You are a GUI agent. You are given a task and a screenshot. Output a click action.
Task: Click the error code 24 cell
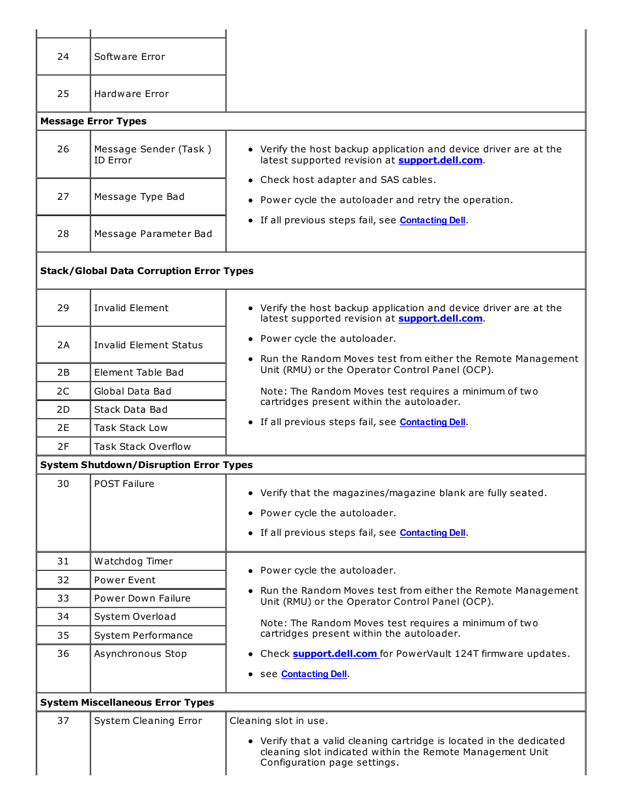(x=63, y=57)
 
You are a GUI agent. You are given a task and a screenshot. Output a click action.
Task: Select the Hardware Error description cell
(x=131, y=94)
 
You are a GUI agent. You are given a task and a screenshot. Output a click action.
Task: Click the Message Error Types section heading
(x=93, y=121)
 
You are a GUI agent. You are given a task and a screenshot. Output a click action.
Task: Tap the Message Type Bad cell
(x=139, y=197)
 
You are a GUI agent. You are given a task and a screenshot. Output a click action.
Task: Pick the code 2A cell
(x=63, y=345)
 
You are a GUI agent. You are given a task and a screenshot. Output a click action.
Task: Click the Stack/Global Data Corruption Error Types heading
(x=147, y=271)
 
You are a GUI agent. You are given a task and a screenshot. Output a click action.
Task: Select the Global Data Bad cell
(x=133, y=391)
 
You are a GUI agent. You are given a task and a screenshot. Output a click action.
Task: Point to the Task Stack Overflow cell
(x=143, y=447)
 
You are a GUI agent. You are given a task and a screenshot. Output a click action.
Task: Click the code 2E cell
(x=63, y=428)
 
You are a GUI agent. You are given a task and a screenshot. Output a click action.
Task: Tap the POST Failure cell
(x=124, y=484)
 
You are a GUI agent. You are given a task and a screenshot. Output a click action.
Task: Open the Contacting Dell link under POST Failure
(x=432, y=533)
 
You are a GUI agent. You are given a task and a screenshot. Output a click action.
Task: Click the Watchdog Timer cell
(x=133, y=561)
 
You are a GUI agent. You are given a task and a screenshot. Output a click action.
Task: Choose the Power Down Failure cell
(x=143, y=598)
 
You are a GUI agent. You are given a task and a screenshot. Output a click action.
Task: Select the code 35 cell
(x=63, y=635)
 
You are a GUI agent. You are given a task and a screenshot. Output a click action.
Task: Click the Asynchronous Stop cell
(x=141, y=654)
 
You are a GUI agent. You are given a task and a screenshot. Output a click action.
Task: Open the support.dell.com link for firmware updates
(x=335, y=654)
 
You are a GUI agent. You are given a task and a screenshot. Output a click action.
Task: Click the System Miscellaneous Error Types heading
(x=127, y=702)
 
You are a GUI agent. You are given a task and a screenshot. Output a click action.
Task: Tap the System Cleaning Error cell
(x=148, y=721)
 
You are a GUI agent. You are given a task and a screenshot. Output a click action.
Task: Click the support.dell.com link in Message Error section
(x=440, y=160)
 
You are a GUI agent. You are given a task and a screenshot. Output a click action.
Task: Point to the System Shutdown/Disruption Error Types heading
(x=146, y=465)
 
